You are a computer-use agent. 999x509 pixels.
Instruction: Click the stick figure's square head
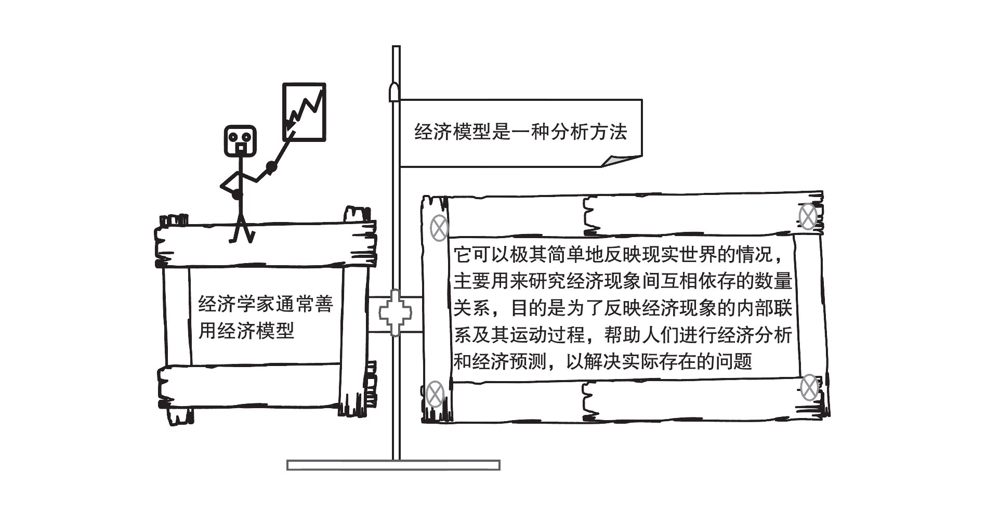240,140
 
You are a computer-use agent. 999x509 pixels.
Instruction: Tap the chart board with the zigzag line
304,112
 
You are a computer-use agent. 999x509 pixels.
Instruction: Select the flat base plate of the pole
393,465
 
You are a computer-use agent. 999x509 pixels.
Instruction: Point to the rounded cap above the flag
395,92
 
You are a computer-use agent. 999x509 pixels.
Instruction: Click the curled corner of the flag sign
622,160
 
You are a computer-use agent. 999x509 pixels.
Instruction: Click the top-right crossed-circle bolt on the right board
807,217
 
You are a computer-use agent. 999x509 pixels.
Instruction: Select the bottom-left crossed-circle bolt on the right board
435,394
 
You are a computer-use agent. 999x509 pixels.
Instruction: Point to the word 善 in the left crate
323,304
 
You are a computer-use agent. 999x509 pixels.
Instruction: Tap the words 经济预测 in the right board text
509,361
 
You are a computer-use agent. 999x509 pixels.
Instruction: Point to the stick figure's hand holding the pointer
270,167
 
